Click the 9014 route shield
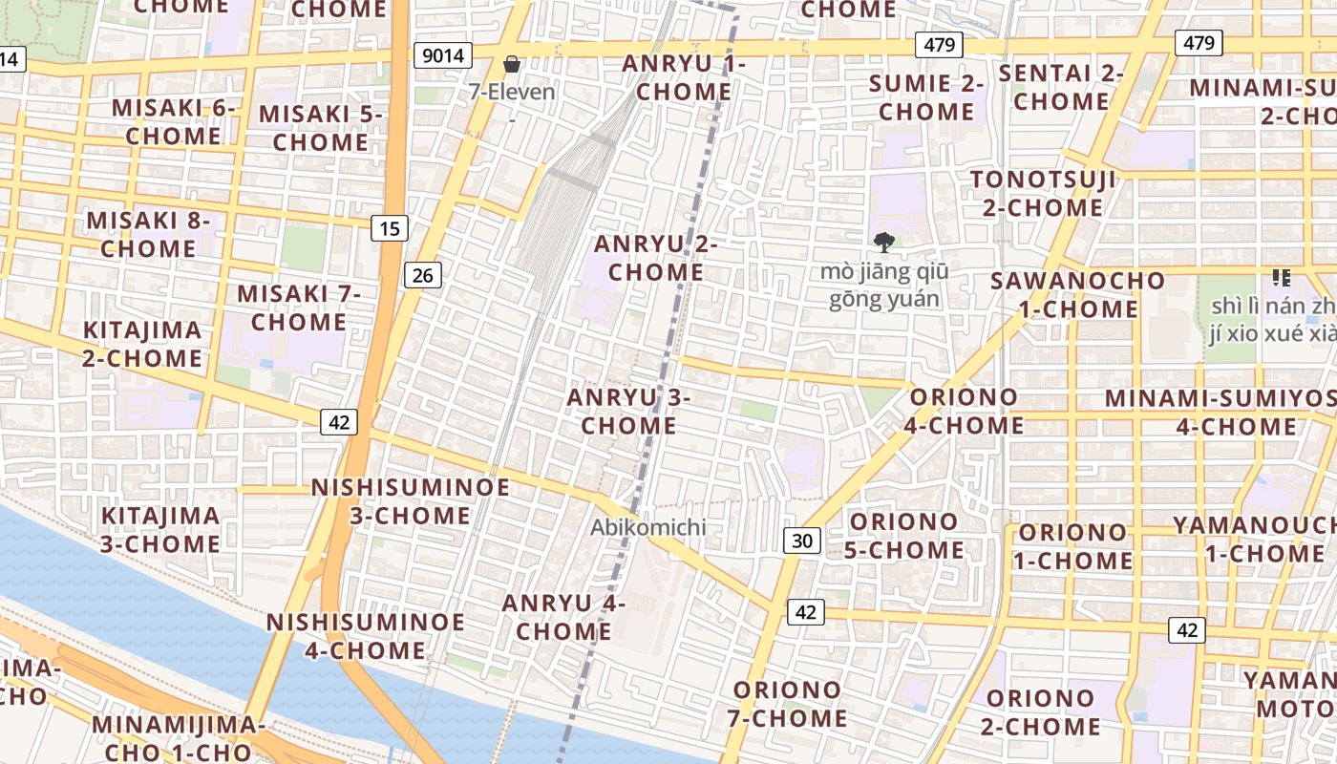(x=443, y=55)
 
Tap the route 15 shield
(x=390, y=228)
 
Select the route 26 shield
(x=422, y=276)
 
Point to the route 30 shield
(x=802, y=541)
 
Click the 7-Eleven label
(x=512, y=93)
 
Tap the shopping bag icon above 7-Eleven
(x=512, y=65)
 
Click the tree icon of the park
(x=884, y=243)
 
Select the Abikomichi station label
(x=647, y=527)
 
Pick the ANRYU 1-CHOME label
(x=683, y=78)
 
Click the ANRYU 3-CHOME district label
(x=628, y=412)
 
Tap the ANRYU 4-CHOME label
(x=563, y=617)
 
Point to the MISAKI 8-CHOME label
(x=148, y=235)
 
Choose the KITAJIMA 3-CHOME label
(x=160, y=530)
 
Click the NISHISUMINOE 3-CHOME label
(x=410, y=501)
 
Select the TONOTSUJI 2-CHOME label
(x=1042, y=194)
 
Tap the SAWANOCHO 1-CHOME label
(x=1077, y=295)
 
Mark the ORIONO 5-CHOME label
(x=903, y=536)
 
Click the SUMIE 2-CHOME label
(x=926, y=97)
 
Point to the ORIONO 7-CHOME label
(x=790, y=704)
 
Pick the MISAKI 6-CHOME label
(x=173, y=121)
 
